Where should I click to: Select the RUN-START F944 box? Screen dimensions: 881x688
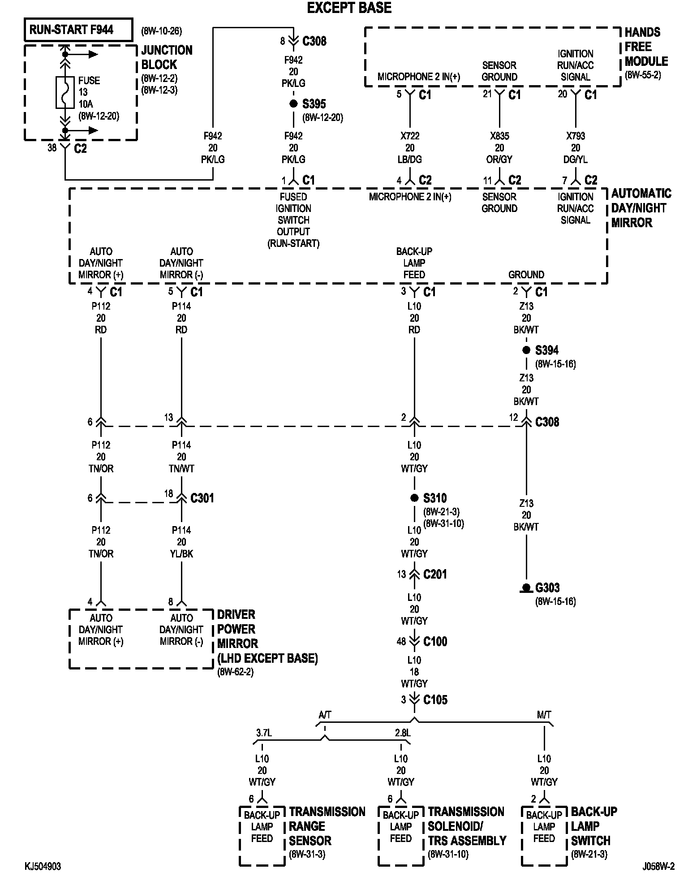point(78,30)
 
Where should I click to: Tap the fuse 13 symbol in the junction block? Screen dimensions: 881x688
point(65,92)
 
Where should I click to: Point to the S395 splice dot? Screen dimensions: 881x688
point(293,104)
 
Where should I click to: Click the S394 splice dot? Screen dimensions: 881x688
point(526,350)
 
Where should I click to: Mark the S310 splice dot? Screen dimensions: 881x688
point(414,498)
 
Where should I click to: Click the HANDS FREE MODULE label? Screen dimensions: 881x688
point(645,47)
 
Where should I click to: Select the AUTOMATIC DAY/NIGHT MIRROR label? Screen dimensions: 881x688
point(641,208)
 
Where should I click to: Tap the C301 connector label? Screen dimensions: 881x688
point(202,498)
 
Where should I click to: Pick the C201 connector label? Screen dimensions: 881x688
point(435,574)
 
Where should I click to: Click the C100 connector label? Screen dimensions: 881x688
point(435,642)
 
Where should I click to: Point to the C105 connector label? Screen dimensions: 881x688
point(435,700)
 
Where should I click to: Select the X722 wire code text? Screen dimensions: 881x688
point(410,136)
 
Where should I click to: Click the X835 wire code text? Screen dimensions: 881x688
point(499,136)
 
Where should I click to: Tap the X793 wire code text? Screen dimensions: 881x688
point(576,136)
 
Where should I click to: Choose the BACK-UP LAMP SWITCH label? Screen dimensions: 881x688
point(593,826)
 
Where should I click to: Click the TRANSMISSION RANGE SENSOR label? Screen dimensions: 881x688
point(327,826)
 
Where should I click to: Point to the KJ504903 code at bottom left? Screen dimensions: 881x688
point(43,866)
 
